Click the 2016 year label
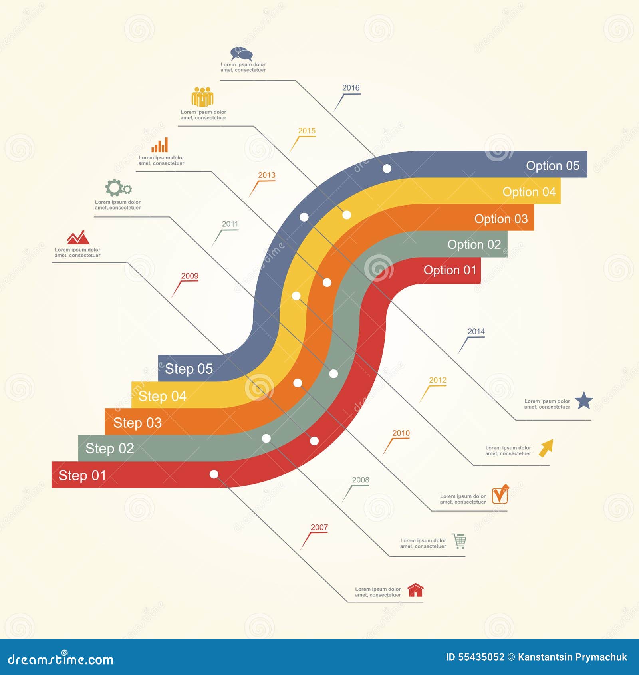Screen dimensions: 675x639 click(351, 88)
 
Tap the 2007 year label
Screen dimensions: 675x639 click(319, 527)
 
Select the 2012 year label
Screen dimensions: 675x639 click(437, 380)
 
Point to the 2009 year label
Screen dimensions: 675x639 click(190, 276)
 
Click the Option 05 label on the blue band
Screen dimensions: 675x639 click(552, 165)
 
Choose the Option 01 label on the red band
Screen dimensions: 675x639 click(450, 270)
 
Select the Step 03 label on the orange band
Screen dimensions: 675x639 click(137, 423)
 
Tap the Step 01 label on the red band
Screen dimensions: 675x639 click(82, 475)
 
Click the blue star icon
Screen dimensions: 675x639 click(584, 401)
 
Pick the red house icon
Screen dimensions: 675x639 click(415, 590)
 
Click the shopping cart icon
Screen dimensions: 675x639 click(459, 541)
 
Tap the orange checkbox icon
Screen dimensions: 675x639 click(500, 494)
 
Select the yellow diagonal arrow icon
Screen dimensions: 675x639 click(546, 448)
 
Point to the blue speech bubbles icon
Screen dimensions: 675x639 click(242, 54)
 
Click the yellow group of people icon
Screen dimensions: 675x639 click(202, 97)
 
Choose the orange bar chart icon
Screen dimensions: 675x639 click(160, 145)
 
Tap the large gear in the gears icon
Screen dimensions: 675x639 click(114, 187)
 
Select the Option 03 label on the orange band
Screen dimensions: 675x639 click(501, 219)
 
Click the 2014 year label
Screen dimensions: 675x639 click(476, 332)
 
